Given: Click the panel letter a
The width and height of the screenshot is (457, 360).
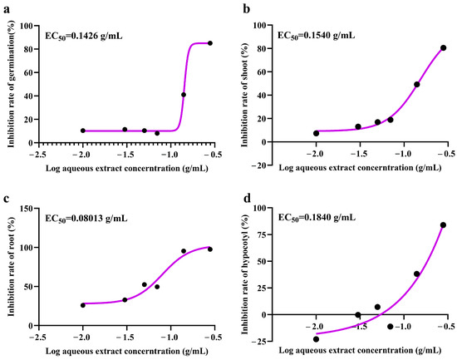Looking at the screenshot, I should tap(5, 7).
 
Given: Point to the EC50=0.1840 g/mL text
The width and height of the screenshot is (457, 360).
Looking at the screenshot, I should tap(317, 218).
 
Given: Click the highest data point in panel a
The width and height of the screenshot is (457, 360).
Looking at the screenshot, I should tap(210, 43).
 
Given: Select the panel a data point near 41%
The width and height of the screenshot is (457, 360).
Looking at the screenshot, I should tap(184, 95).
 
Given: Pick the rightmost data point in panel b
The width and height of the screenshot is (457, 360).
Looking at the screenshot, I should tap(443, 48).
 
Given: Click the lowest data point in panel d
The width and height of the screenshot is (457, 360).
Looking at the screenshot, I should tap(316, 339).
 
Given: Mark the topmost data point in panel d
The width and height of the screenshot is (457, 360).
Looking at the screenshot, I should tap(443, 224).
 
